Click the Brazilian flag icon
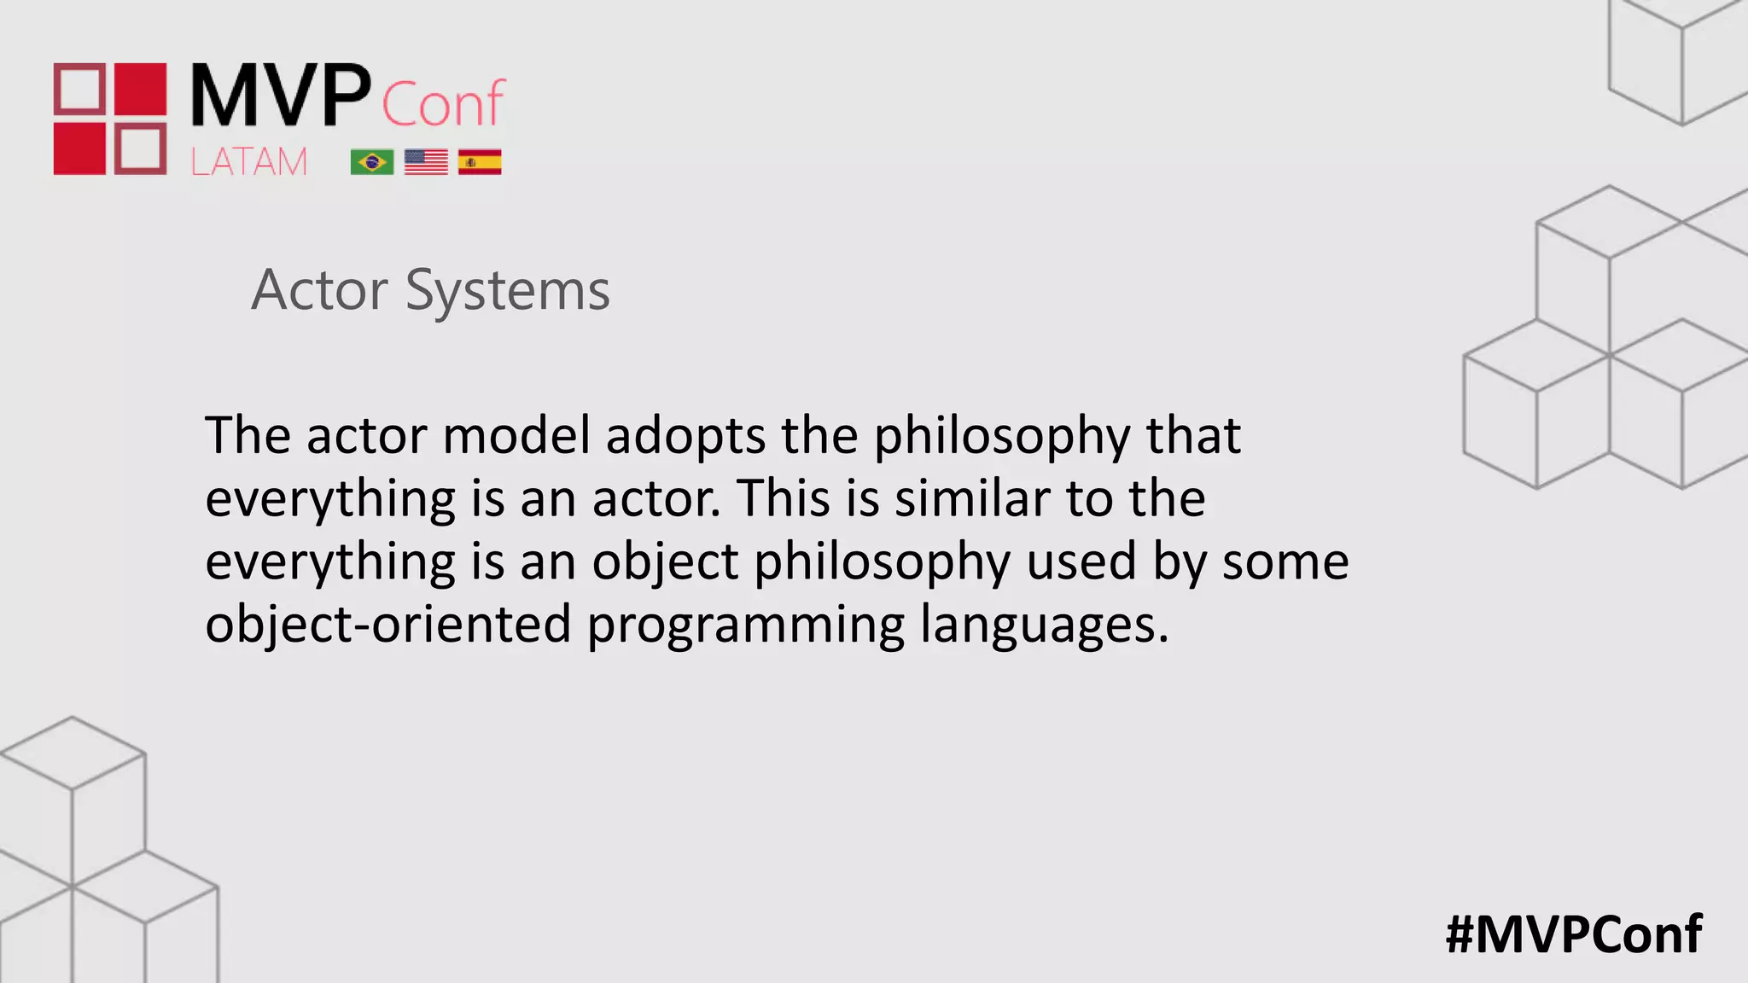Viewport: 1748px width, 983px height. point(372,162)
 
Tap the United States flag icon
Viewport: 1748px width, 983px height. point(426,162)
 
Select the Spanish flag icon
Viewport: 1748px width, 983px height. point(480,162)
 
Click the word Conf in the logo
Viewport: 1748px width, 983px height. point(443,104)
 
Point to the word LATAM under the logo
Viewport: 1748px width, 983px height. point(248,162)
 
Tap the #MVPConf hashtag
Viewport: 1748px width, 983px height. point(1574,934)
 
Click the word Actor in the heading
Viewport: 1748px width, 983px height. point(320,290)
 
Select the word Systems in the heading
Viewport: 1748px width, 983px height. point(508,292)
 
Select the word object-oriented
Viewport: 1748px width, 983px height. point(388,625)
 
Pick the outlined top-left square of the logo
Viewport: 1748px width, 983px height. point(80,89)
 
